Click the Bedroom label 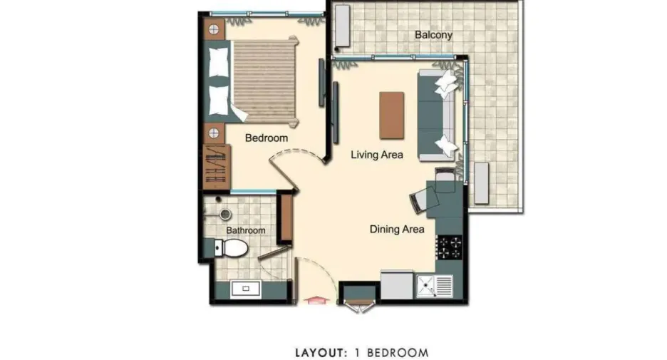coord(267,138)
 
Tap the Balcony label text coord(433,35)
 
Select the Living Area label coord(377,155)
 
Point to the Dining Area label coord(397,230)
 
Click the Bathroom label coord(245,230)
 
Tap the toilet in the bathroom coord(231,247)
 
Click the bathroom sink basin coord(245,289)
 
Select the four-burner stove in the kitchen coord(450,247)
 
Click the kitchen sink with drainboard coord(434,286)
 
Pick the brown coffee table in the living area coord(392,115)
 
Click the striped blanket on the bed coord(264,81)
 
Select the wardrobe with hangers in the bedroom coord(217,166)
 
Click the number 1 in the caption coord(357,353)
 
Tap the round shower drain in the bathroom coord(225,214)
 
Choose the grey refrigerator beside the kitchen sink coord(397,284)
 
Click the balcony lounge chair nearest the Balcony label coord(343,26)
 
